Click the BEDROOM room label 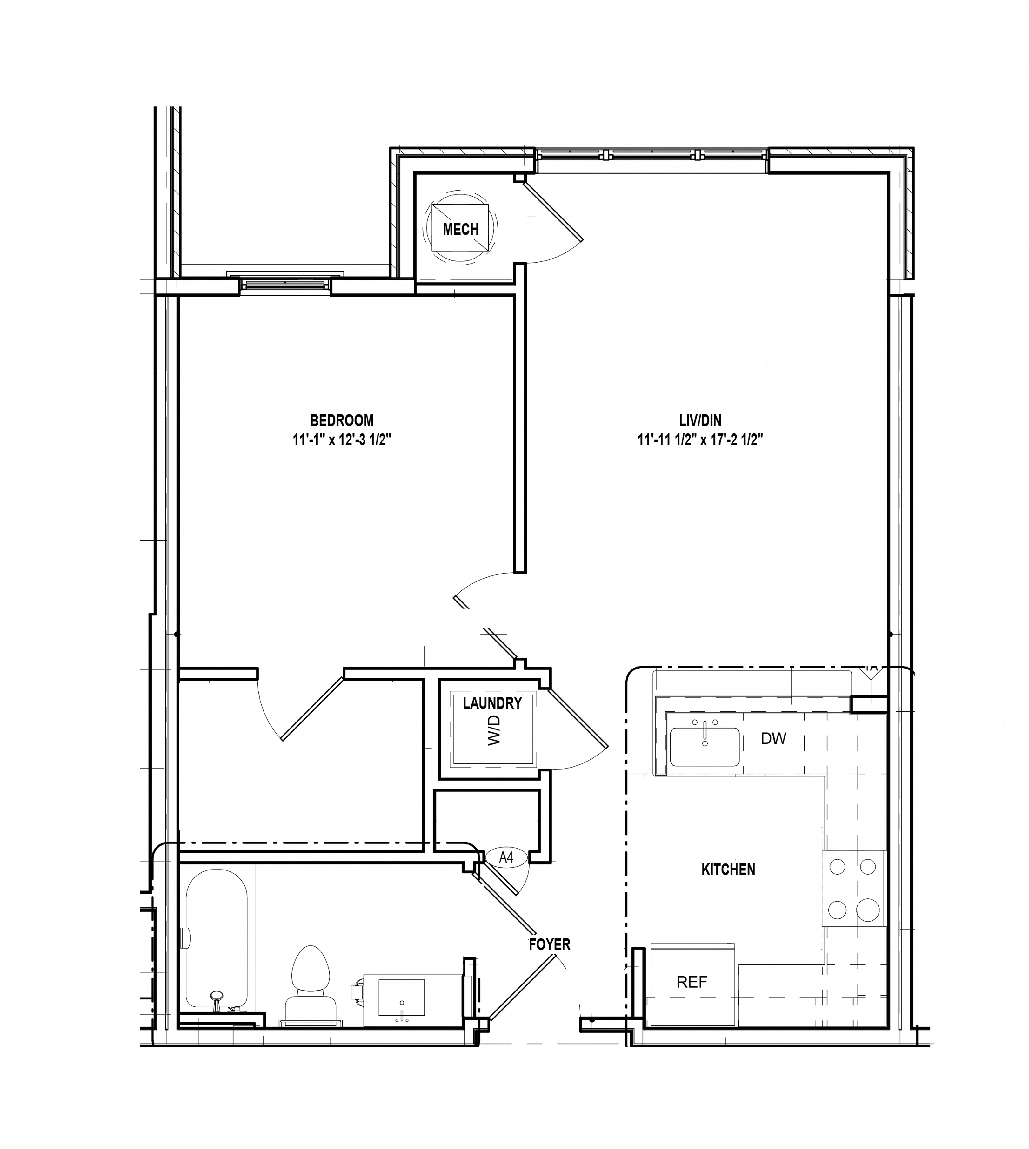pyautogui.click(x=342, y=420)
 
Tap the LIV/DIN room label pyautogui.click(x=700, y=420)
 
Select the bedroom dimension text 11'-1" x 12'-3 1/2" pyautogui.click(x=342, y=440)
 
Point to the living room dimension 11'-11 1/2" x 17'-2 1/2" pyautogui.click(x=700, y=440)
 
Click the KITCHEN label pyautogui.click(x=728, y=869)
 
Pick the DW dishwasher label pyautogui.click(x=773, y=738)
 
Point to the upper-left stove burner pyautogui.click(x=837, y=866)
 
